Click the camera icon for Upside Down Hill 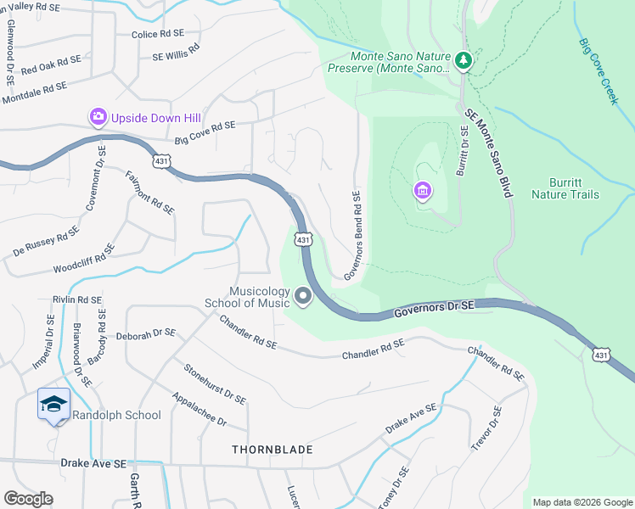coord(98,117)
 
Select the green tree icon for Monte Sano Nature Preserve coord(463,60)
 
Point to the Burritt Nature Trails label coord(565,188)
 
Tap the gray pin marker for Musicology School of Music coord(303,297)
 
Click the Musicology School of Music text coord(246,297)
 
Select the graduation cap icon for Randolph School coord(53,405)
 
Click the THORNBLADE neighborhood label coord(274,449)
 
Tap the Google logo coord(28,499)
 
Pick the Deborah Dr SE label coord(145,334)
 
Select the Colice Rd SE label coord(159,34)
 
